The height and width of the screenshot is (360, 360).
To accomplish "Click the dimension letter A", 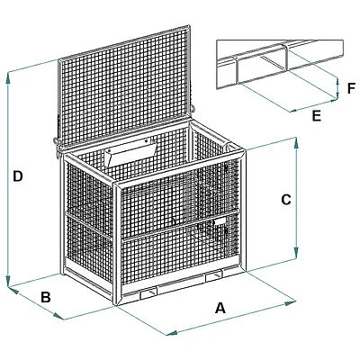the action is (220, 308).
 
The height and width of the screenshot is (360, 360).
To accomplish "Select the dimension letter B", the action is (46, 297).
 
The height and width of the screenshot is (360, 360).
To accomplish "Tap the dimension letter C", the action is (286, 200).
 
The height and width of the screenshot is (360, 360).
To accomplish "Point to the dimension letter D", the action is (18, 176).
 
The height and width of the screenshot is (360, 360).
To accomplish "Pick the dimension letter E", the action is (316, 116).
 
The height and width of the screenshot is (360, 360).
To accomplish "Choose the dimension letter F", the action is (351, 88).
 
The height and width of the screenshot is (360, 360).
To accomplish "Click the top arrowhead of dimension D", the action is (8, 77).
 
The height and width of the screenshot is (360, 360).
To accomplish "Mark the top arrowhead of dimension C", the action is (296, 143).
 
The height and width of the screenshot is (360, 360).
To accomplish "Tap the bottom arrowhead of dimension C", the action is (296, 253).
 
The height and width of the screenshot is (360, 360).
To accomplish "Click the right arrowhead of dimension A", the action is (291, 302).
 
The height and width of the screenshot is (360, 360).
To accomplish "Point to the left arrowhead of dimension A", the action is (172, 333).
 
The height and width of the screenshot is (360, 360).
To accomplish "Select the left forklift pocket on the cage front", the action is (148, 293).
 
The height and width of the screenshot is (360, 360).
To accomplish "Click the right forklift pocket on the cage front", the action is (214, 276).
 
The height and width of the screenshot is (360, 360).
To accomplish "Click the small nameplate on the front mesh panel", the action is (220, 221).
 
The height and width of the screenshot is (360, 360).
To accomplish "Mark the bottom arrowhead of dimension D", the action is (8, 282).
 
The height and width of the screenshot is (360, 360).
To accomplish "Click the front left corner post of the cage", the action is (117, 244).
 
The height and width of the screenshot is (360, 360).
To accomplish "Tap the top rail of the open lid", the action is (123, 43).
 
